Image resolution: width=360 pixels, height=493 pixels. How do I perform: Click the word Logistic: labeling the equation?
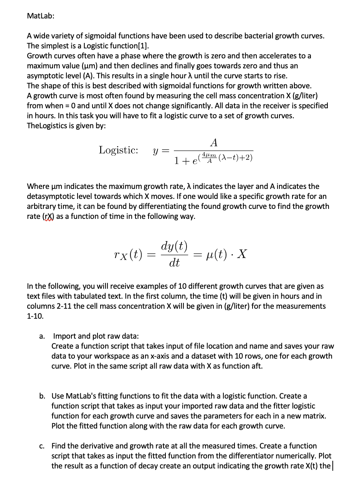coord(119,149)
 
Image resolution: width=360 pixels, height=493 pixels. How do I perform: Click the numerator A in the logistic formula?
coord(214,142)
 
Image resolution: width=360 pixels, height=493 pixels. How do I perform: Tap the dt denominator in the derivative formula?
coord(175,263)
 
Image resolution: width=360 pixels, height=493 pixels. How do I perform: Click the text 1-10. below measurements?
coord(35,316)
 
